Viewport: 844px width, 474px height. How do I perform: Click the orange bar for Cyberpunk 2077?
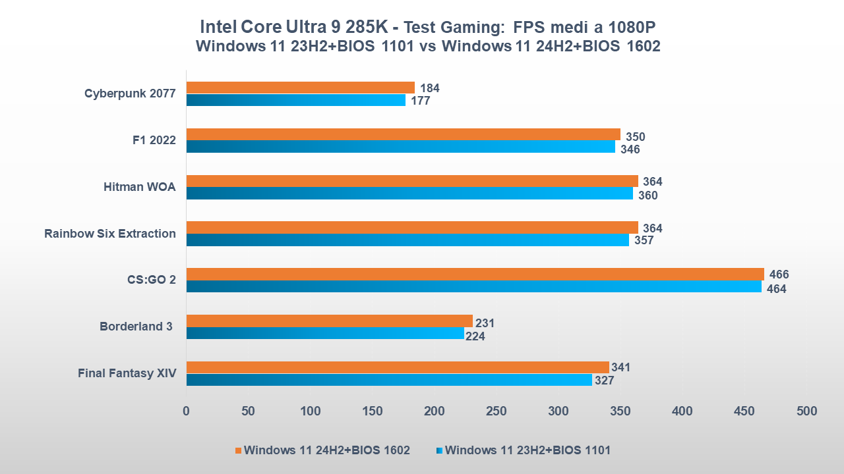300,88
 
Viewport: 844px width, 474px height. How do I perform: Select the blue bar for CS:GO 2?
473,287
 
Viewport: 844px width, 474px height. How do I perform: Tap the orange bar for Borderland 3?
329,321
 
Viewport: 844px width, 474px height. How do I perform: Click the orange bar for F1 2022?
403,134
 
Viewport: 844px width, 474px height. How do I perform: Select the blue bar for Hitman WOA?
409,194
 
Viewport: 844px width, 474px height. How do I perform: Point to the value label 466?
778,275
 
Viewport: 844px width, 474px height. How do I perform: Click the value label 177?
420,101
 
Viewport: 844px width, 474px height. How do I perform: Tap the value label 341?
620,367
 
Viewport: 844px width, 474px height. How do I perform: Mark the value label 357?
643,240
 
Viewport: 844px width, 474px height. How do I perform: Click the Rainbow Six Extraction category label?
110,234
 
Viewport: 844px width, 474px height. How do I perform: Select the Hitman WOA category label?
139,187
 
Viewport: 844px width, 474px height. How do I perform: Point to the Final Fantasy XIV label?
127,373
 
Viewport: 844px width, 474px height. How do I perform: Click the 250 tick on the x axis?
496,411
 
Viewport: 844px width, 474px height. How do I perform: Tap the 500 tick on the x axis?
806,411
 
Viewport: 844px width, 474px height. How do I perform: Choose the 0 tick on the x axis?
186,411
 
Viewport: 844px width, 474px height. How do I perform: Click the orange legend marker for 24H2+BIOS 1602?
238,450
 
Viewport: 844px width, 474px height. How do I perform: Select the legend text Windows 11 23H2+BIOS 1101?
527,450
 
